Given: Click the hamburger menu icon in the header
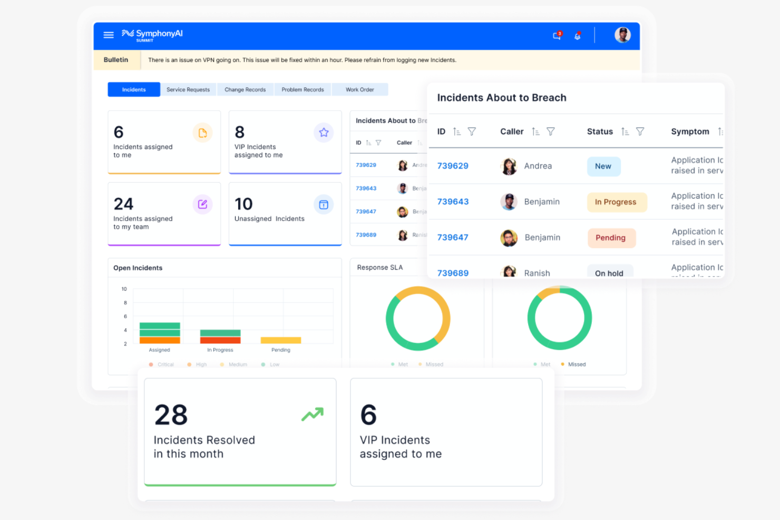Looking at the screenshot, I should [109, 35].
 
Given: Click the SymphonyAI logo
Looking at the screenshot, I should [152, 34].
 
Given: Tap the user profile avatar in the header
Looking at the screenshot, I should [622, 35].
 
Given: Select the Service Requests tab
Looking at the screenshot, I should [188, 90].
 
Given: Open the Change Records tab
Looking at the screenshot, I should [245, 90].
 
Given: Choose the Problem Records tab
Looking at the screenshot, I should [303, 90].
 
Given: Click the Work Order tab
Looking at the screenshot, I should [359, 90].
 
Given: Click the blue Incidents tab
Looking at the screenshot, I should [134, 90].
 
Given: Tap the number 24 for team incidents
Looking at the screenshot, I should [124, 204].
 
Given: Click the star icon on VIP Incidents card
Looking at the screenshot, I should [324, 133].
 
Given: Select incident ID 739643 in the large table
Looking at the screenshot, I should [453, 202].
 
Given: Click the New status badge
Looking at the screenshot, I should [603, 166].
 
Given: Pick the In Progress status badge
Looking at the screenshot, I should [616, 202].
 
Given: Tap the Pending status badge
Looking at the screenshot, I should [611, 238].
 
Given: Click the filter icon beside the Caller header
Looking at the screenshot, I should [551, 132].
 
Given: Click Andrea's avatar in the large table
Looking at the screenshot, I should [509, 166].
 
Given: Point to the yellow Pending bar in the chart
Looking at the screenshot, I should [281, 340].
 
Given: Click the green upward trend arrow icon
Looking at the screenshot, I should [313, 415].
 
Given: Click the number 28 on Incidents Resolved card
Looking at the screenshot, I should [171, 415].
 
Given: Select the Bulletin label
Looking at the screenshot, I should [116, 60].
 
